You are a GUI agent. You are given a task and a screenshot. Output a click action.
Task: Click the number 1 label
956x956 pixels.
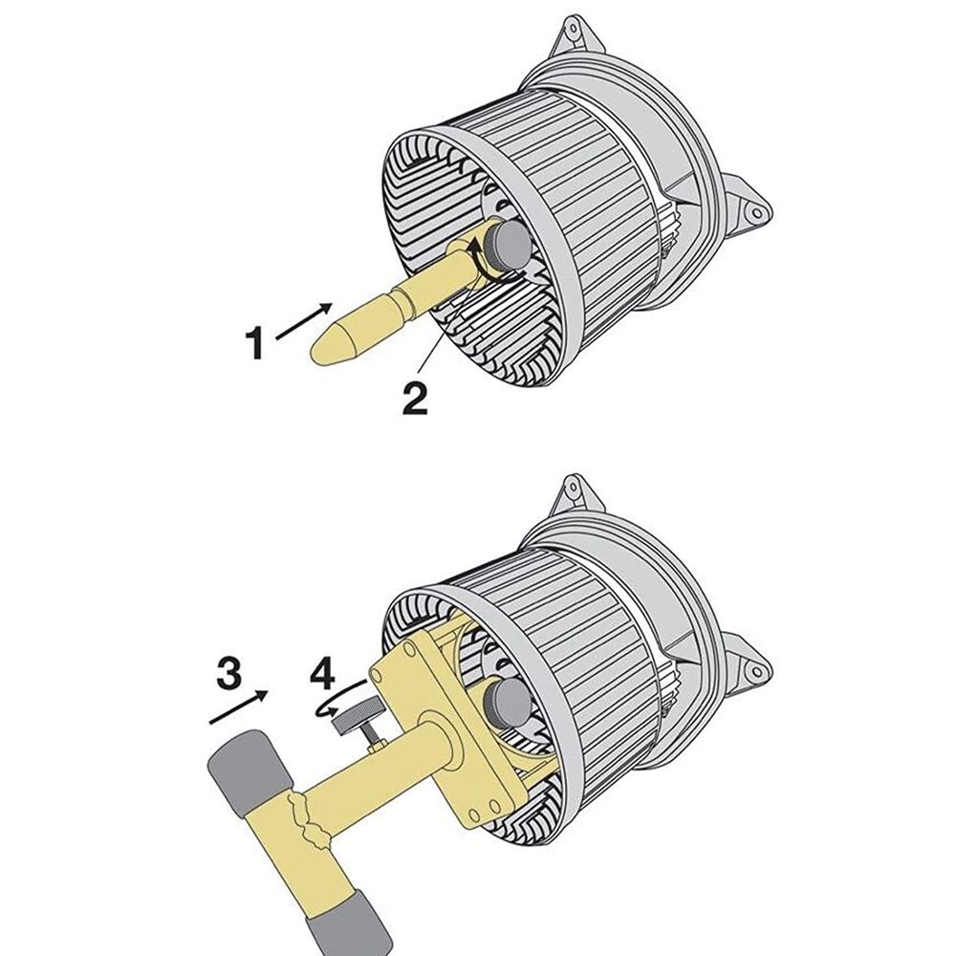tap(254, 343)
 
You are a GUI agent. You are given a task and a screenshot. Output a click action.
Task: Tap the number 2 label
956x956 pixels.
tap(414, 397)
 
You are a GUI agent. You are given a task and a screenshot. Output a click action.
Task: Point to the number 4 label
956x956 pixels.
tap(323, 671)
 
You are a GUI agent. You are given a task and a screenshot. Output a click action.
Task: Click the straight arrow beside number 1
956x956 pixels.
tap(304, 320)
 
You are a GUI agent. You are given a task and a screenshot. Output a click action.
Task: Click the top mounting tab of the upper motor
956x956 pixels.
tap(573, 37)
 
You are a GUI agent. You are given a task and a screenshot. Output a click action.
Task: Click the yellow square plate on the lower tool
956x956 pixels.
tap(449, 727)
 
